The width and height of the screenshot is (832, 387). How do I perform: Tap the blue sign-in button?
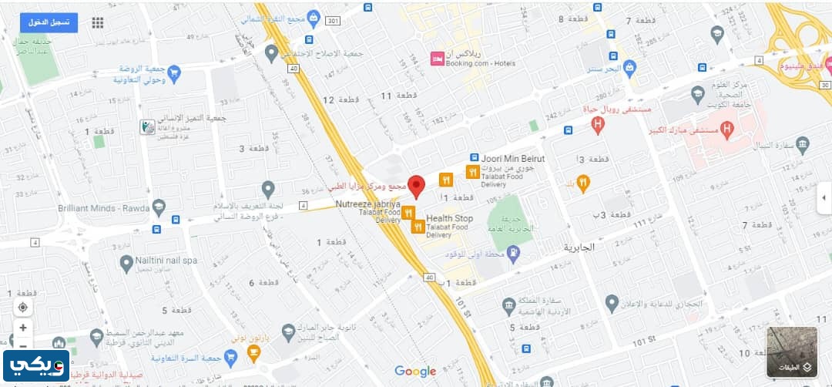pos(49,22)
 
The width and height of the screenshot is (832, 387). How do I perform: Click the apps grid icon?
pos(98,23)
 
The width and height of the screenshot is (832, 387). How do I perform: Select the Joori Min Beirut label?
pos(513,158)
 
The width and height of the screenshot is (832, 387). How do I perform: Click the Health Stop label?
pos(449,218)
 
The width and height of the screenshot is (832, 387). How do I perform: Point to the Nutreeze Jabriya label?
pos(367,204)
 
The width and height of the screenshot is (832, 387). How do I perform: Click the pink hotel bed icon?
pos(437,59)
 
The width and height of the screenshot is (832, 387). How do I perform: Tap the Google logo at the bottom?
pos(415,372)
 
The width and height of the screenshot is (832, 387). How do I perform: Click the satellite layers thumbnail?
pos(792,352)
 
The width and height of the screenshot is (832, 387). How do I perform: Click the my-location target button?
pos(23,307)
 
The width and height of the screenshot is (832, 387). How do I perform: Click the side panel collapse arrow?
pos(824,197)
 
